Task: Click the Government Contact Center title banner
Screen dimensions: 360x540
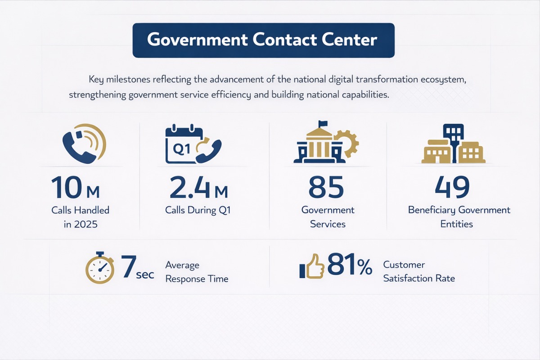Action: pos(263,40)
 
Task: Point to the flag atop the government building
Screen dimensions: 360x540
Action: pos(323,123)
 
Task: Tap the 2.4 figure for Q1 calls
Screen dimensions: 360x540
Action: pos(189,187)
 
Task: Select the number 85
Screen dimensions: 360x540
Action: pos(327,187)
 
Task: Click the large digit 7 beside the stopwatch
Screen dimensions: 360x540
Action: pos(129,266)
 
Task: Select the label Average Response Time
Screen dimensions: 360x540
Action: pos(197,272)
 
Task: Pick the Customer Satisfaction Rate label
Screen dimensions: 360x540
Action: pos(419,272)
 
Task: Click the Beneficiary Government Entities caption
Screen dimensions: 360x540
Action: pos(459,216)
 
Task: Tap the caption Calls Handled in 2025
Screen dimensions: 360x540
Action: pos(80,216)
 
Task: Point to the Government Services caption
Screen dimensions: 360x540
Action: pos(328,216)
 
